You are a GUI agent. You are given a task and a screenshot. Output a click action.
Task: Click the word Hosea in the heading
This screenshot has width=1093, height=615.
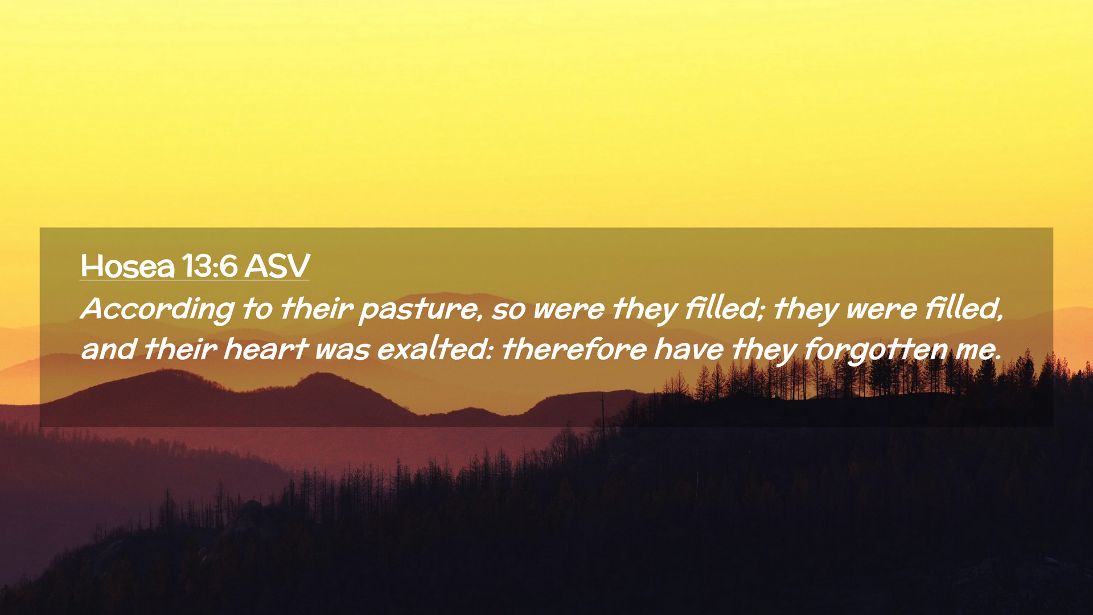point(128,266)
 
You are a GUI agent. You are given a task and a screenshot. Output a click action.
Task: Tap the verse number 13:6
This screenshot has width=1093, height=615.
point(209,266)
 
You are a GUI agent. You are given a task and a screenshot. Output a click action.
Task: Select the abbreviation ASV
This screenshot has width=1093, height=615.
point(277,266)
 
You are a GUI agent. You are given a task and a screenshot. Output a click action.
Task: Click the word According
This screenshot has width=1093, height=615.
point(158,310)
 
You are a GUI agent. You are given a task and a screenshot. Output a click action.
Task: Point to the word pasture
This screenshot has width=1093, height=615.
point(420,310)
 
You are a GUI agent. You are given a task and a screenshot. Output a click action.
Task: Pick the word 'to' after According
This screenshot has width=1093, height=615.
point(257,309)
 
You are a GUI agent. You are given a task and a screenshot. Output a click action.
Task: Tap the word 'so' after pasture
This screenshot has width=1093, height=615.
point(508,311)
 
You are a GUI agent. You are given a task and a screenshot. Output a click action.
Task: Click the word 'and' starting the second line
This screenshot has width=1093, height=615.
point(108,349)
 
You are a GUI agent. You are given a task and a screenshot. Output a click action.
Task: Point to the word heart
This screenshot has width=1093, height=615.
point(266,348)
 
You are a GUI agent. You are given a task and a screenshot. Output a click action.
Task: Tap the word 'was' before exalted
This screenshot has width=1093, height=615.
point(343,351)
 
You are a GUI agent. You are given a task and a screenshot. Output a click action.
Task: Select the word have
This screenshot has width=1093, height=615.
point(689,349)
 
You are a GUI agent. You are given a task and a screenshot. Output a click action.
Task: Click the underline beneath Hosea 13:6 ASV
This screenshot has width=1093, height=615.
point(195,280)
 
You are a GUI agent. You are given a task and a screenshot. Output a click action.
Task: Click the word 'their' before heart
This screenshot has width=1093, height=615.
point(180,348)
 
